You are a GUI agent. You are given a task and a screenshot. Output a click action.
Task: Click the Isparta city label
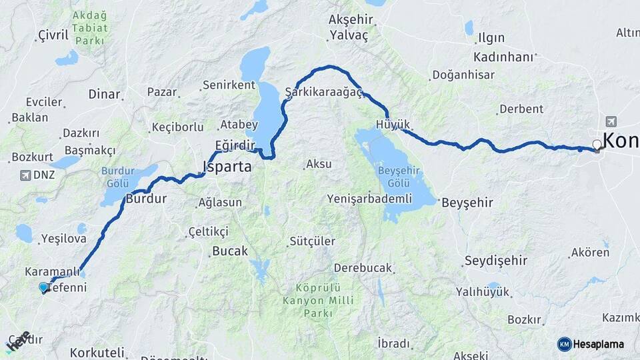click(227, 167)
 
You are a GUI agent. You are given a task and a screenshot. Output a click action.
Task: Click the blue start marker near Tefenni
click(44, 287)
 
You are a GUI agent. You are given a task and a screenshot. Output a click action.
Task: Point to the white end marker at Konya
click(597, 144)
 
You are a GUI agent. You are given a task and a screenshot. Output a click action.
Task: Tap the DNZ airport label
click(43, 175)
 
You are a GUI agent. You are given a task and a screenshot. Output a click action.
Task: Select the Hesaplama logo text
click(598, 344)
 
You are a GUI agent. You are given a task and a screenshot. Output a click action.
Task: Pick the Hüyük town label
click(393, 124)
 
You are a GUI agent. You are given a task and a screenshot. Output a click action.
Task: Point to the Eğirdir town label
click(235, 145)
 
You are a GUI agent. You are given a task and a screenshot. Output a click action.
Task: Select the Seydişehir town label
click(496, 260)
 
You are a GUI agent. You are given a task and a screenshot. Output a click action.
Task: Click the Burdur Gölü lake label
click(119, 177)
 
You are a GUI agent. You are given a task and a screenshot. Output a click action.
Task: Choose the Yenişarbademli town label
click(369, 199)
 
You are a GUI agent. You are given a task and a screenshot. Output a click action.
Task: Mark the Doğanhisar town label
click(462, 75)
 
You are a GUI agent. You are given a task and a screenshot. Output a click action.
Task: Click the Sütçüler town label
click(311, 241)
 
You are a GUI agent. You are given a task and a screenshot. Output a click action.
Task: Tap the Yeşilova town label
click(63, 238)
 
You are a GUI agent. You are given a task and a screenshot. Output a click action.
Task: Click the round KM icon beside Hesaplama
click(565, 344)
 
